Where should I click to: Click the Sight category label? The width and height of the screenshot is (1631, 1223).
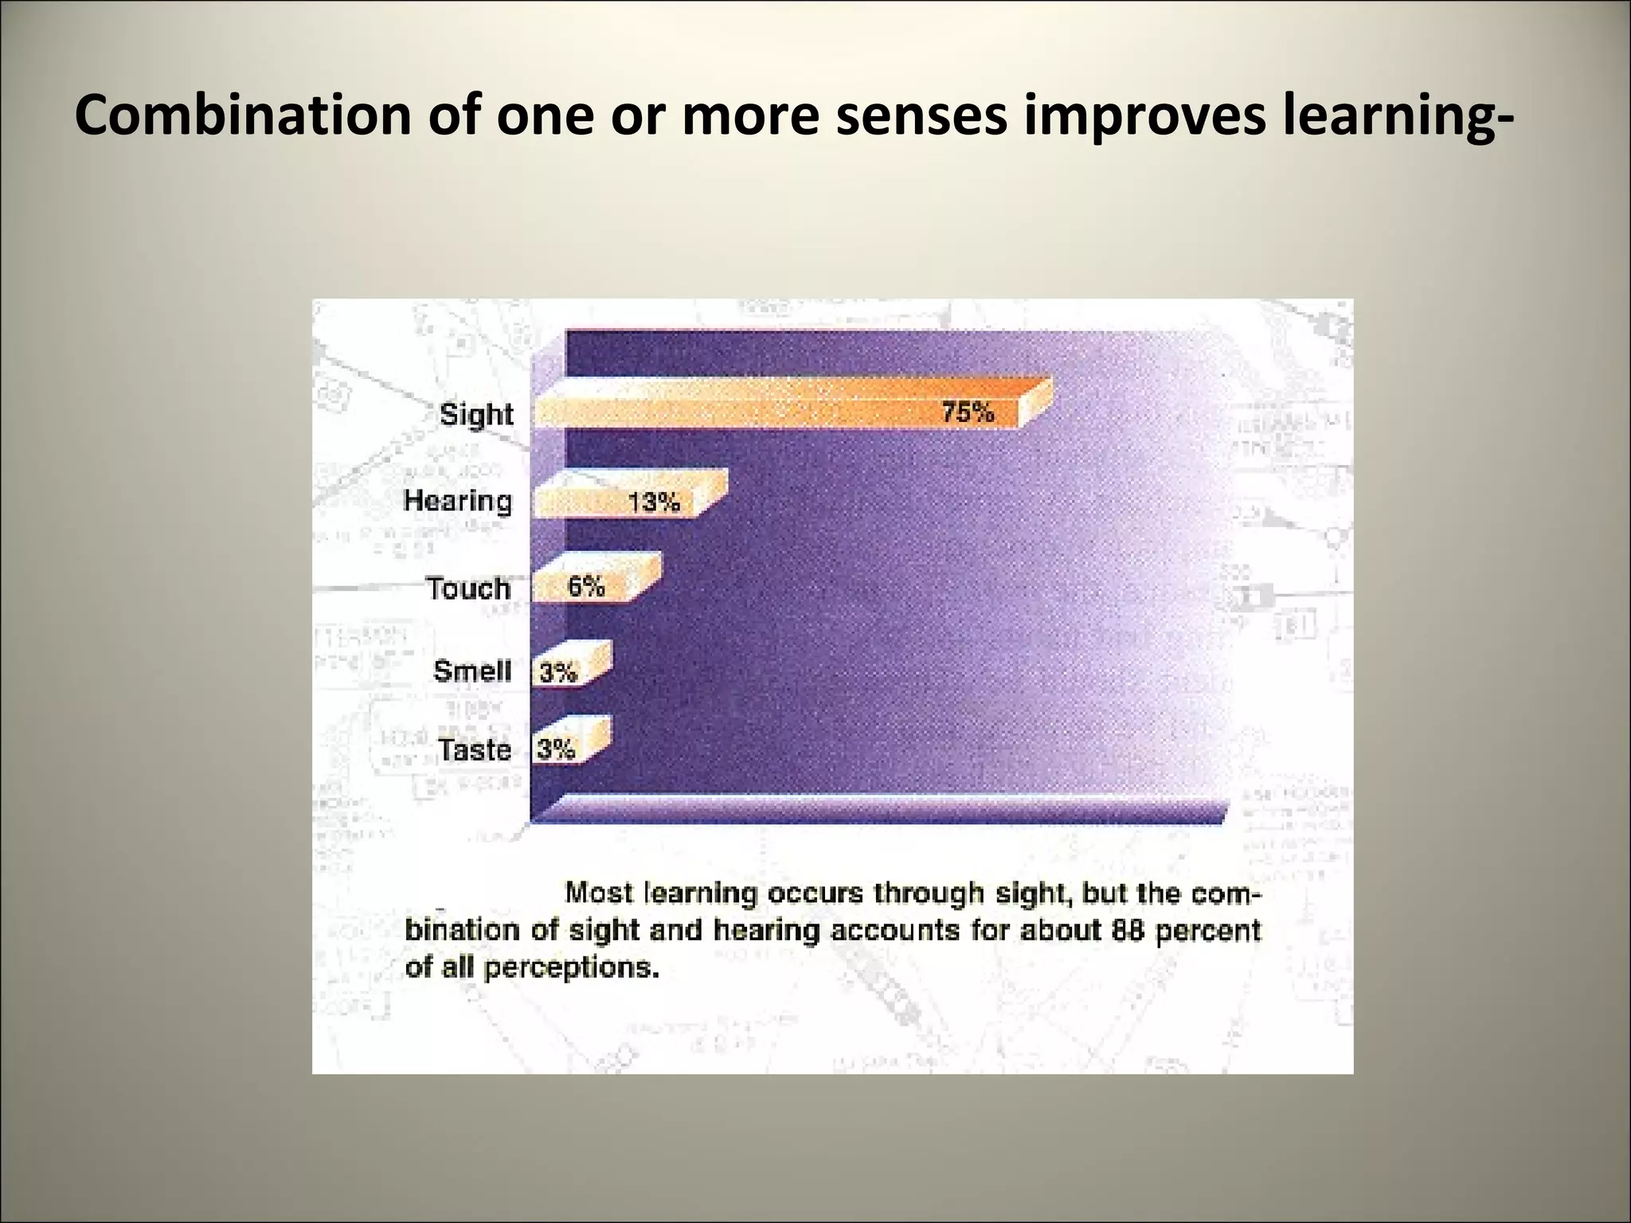[x=476, y=415]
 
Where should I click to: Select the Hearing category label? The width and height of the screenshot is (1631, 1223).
[x=458, y=501]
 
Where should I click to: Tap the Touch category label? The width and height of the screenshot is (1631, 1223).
[x=468, y=588]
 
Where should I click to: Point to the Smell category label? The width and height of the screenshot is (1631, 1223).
[x=472, y=670]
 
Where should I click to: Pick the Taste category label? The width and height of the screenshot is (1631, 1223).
[x=475, y=749]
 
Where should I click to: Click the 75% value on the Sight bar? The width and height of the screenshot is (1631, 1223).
[x=968, y=412]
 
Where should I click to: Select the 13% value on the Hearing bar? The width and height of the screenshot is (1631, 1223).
[x=654, y=502]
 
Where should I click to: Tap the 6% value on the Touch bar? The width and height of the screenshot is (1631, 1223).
[x=586, y=586]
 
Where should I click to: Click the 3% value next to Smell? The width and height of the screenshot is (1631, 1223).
[x=558, y=673]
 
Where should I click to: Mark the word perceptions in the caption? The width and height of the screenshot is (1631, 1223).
[x=572, y=967]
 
